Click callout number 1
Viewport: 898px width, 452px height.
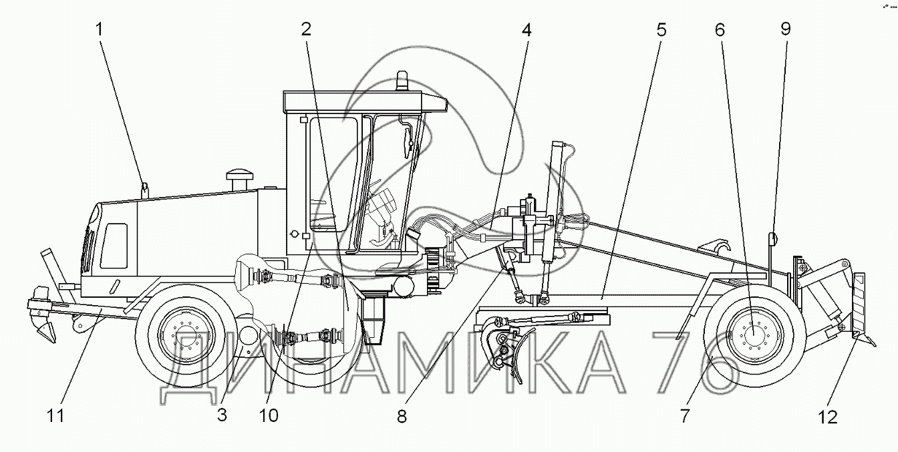(99, 29)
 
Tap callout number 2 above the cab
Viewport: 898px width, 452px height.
(306, 29)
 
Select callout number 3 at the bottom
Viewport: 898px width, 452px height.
(222, 415)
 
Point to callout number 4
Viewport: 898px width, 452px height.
(527, 30)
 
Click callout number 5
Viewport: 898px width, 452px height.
(661, 30)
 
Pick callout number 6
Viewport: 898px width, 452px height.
(720, 30)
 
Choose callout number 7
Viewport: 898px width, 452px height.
(685, 415)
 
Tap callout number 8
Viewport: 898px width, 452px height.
(402, 417)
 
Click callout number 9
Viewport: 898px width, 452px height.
(786, 29)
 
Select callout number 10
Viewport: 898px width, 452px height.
(269, 415)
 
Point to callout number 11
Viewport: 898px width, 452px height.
(55, 415)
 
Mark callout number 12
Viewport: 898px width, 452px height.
(827, 417)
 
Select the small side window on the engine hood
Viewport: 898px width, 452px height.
(114, 246)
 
